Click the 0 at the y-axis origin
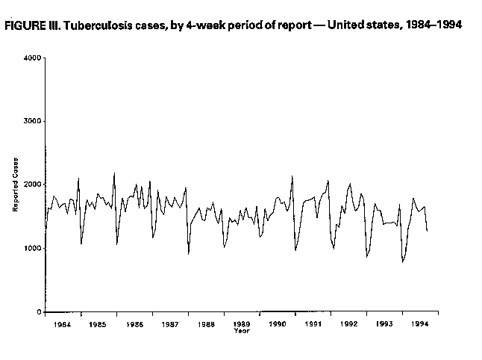38,311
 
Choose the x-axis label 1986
134,325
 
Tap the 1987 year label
170,325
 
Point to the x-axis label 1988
206,325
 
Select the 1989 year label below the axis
242,325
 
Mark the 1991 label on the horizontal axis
313,325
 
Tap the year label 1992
349,325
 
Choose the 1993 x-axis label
385,325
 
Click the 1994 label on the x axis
421,325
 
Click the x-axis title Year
242,331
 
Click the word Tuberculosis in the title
93,25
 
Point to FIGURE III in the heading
31,25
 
